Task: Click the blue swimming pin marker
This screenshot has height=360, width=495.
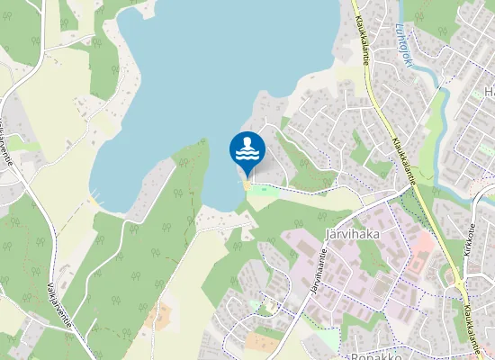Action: [x=247, y=151]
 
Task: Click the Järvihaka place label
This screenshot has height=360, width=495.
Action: [x=349, y=235]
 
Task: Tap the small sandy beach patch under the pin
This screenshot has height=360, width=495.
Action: [x=247, y=185]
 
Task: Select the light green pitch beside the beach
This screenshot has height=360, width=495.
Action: [x=262, y=189]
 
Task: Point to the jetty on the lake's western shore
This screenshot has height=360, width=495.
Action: [x=94, y=200]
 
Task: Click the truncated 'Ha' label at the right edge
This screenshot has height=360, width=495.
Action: [x=489, y=92]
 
